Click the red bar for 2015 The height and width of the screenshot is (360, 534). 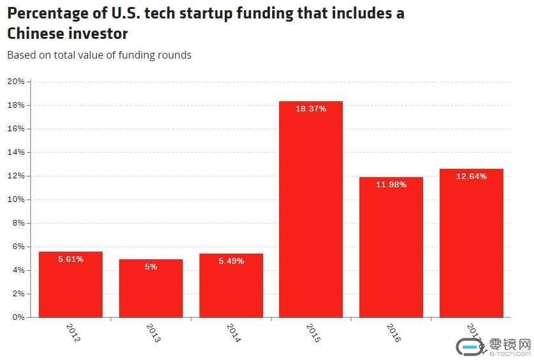[311, 210]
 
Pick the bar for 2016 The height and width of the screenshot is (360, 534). [391, 248]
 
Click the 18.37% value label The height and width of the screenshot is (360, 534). [311, 109]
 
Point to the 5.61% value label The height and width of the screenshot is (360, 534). [71, 259]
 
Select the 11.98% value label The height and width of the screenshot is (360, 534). [391, 184]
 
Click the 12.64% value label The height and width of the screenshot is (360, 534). [472, 176]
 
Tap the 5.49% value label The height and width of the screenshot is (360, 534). [231, 261]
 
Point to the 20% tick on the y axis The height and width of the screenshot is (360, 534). [16, 82]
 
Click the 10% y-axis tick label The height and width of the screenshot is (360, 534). [16, 199]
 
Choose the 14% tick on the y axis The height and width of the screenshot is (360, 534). [16, 152]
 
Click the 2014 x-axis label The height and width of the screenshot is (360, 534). [233, 333]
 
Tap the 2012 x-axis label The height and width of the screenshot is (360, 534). [73, 333]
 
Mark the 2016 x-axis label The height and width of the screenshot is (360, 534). [393, 333]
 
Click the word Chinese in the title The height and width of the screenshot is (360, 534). [38, 33]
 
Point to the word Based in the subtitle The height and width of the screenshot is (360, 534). [20, 55]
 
